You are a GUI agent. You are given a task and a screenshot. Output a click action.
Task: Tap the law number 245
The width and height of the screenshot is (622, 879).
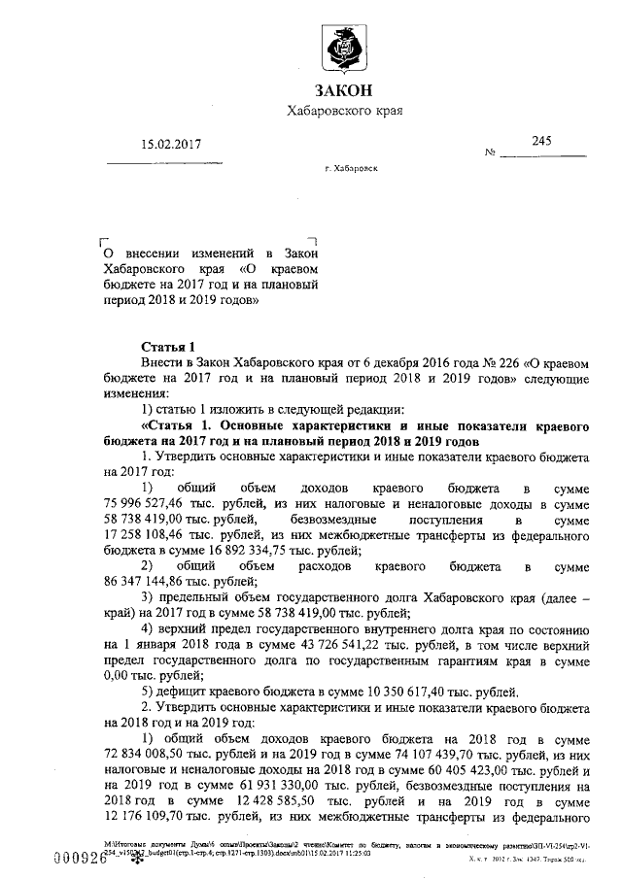[x=541, y=141]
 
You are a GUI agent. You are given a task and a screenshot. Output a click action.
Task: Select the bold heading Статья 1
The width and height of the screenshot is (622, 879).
[x=169, y=347]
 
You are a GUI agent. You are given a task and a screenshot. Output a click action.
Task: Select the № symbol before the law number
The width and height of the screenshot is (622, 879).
[x=491, y=153]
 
